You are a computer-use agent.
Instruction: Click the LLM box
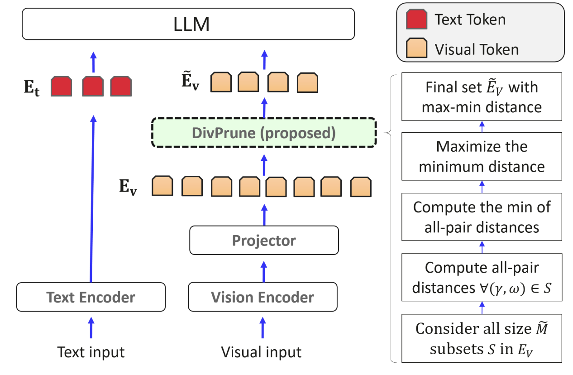(188, 24)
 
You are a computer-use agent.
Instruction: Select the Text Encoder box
(91, 297)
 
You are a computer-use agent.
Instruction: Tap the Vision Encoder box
(263, 297)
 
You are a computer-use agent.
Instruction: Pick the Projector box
(264, 240)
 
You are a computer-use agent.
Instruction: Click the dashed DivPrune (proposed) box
(264, 133)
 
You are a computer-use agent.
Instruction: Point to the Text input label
(91, 352)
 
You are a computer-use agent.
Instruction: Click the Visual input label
(261, 352)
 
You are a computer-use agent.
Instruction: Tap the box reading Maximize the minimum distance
(482, 157)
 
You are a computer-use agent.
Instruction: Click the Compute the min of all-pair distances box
(482, 216)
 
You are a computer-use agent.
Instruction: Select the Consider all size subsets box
(482, 338)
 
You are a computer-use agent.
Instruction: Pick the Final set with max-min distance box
(482, 96)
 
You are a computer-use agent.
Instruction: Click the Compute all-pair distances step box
(482, 277)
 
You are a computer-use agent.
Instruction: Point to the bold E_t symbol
(32, 87)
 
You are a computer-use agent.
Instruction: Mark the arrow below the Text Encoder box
(91, 327)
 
